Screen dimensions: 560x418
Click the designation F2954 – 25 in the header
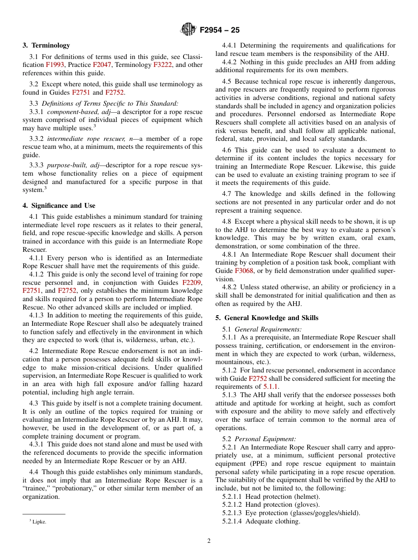pos(220,30)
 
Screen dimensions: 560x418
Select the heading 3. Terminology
pos(46,45)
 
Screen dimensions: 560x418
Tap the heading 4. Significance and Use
pos(59,206)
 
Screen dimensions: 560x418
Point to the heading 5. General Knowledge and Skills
pos(267,318)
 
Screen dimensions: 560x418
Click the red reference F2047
pos(102,65)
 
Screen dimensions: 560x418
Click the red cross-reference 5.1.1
pos(271,387)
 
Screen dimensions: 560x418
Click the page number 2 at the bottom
pos(209,541)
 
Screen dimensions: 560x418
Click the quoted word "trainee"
pos(37,489)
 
